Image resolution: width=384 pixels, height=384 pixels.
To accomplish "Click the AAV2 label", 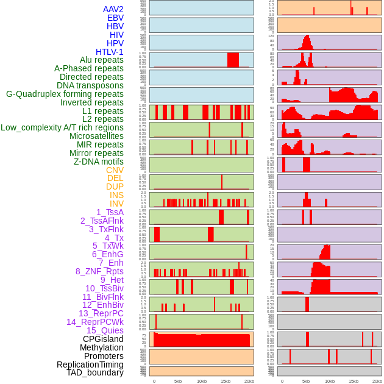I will (113, 9).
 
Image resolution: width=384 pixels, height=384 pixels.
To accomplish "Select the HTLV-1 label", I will (109, 52).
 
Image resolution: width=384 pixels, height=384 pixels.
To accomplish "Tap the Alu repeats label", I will (101, 60).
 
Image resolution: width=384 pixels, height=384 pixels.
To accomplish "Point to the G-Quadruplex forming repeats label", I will (65, 94).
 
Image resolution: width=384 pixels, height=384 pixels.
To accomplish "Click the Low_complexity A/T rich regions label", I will (62, 127).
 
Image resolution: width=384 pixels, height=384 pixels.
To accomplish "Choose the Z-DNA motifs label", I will (98, 162).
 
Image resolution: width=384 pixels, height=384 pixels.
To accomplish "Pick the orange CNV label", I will (115, 170).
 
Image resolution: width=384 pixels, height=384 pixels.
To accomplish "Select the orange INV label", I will (116, 204).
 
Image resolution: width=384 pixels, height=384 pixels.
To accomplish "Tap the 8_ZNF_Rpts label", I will (99, 271).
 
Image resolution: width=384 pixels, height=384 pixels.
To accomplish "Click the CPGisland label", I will (103, 339).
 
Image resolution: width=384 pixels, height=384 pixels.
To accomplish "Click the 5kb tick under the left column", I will (178, 381).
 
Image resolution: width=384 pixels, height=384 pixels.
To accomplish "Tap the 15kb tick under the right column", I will (354, 381).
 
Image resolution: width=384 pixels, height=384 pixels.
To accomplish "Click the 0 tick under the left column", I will (154, 381).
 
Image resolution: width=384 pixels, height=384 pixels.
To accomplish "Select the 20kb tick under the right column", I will (377, 381).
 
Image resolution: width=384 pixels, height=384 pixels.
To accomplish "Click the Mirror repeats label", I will (96, 153).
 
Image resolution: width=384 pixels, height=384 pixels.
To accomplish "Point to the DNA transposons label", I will (90, 85).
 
